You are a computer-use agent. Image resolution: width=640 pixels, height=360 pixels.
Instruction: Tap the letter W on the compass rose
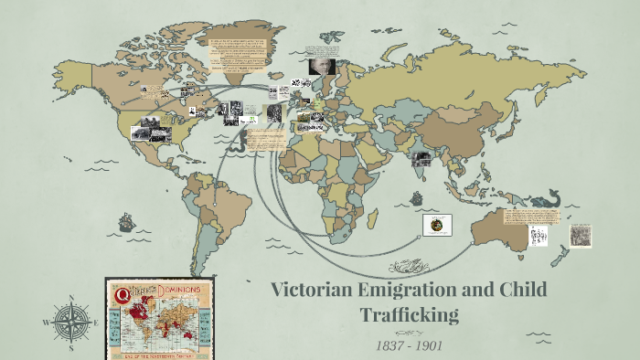(x=45, y=323)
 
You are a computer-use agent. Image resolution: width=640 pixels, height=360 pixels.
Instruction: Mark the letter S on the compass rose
(x=69, y=348)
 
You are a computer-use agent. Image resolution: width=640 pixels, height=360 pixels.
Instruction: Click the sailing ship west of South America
(x=125, y=222)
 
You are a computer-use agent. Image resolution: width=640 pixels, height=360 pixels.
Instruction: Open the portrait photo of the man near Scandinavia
(x=323, y=68)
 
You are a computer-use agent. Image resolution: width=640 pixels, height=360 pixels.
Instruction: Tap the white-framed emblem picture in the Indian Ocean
(x=437, y=225)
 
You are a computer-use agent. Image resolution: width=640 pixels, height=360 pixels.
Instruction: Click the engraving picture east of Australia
(x=581, y=234)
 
